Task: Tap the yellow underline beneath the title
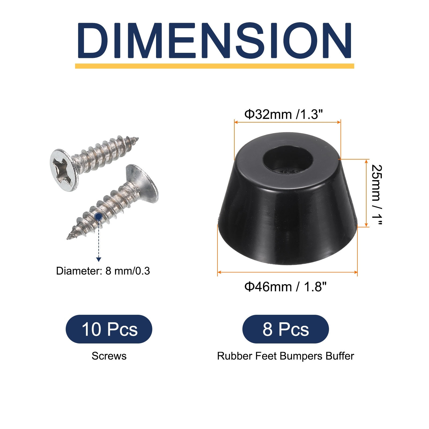click(x=214, y=66)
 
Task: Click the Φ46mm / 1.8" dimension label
click(x=286, y=287)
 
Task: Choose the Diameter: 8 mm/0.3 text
click(x=103, y=271)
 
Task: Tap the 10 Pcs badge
click(x=109, y=329)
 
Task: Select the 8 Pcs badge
click(x=286, y=329)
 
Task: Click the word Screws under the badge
click(x=109, y=356)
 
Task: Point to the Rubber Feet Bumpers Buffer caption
click(x=286, y=356)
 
